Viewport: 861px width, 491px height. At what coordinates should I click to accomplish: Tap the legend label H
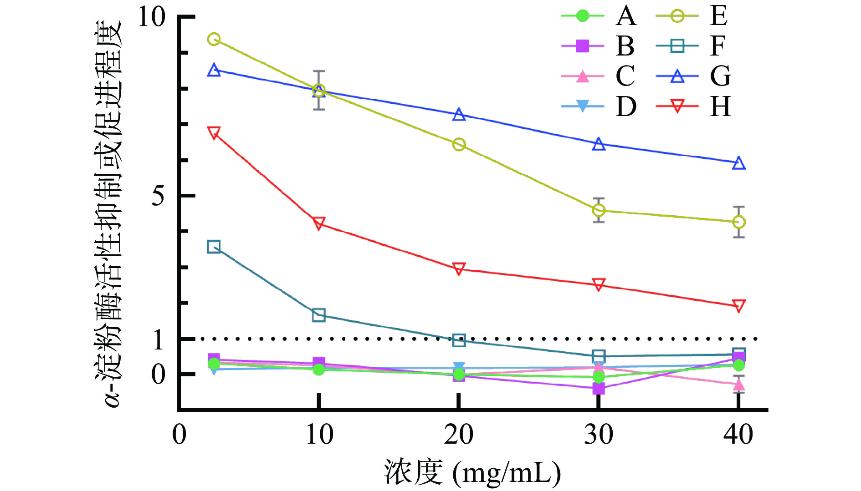coord(720,107)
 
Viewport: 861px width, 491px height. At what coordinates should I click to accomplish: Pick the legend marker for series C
coord(583,76)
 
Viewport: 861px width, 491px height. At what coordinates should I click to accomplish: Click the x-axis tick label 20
coord(459,435)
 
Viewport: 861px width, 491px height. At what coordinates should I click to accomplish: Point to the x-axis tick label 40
coord(738,435)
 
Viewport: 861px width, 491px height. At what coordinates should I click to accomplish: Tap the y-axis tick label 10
coord(151,17)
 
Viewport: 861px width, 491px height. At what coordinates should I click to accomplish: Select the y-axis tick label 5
coord(158,196)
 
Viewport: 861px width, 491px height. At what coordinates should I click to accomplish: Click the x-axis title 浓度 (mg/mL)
coord(472,472)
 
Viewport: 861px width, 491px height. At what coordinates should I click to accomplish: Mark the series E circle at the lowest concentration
coord(214,39)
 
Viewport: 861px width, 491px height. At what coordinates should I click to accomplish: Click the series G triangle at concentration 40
coord(739,163)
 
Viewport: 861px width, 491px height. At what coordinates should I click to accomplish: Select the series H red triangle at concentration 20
coord(459,268)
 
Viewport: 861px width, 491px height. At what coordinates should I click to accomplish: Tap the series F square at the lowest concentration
coord(214,247)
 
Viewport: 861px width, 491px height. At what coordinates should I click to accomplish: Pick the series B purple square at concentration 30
coord(599,389)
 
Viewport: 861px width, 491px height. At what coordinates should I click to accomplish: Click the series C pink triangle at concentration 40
coord(739,385)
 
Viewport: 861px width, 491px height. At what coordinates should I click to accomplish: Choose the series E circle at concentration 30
coord(599,210)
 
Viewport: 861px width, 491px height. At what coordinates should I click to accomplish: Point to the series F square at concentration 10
coord(319,315)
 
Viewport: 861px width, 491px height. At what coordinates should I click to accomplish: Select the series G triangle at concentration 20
coord(459,115)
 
